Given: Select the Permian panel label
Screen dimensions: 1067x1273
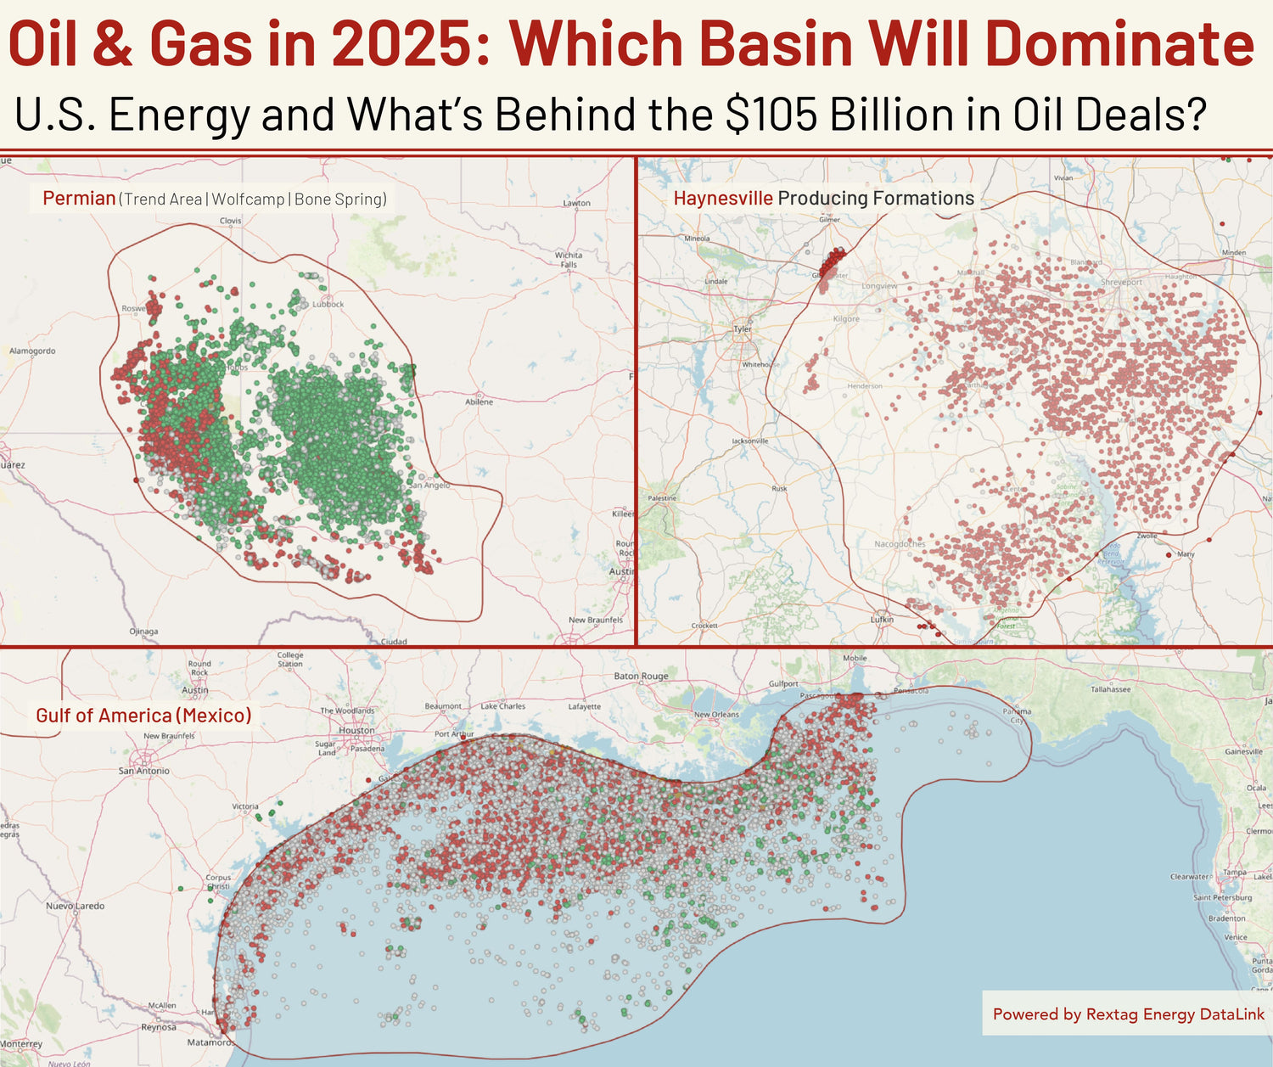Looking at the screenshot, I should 79,199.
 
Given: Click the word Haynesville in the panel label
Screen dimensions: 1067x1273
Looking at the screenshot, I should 723,199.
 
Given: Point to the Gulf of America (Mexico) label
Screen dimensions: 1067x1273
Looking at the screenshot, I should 143,716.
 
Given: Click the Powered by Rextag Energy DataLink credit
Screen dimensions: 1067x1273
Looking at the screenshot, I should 1128,1014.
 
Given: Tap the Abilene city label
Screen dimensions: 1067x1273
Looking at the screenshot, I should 479,402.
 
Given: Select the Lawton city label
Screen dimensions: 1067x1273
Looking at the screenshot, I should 576,203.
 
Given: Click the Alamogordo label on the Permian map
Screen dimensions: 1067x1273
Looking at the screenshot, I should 32,351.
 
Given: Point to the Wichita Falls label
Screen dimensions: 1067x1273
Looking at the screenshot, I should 569,259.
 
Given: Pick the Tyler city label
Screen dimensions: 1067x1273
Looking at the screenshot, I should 743,329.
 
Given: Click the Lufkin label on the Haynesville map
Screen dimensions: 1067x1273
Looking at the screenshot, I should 882,620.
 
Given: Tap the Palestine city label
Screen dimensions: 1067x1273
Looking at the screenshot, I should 662,498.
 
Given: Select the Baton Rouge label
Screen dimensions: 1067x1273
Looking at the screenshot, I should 641,677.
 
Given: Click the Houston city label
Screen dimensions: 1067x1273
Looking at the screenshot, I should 356,730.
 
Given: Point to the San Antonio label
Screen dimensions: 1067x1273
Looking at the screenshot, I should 143,771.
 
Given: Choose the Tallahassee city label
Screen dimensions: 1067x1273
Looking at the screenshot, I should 1110,689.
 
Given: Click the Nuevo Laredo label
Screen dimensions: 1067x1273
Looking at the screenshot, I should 76,906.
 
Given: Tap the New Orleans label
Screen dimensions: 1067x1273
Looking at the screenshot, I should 716,715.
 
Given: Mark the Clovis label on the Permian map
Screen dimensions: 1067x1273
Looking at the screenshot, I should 231,221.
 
